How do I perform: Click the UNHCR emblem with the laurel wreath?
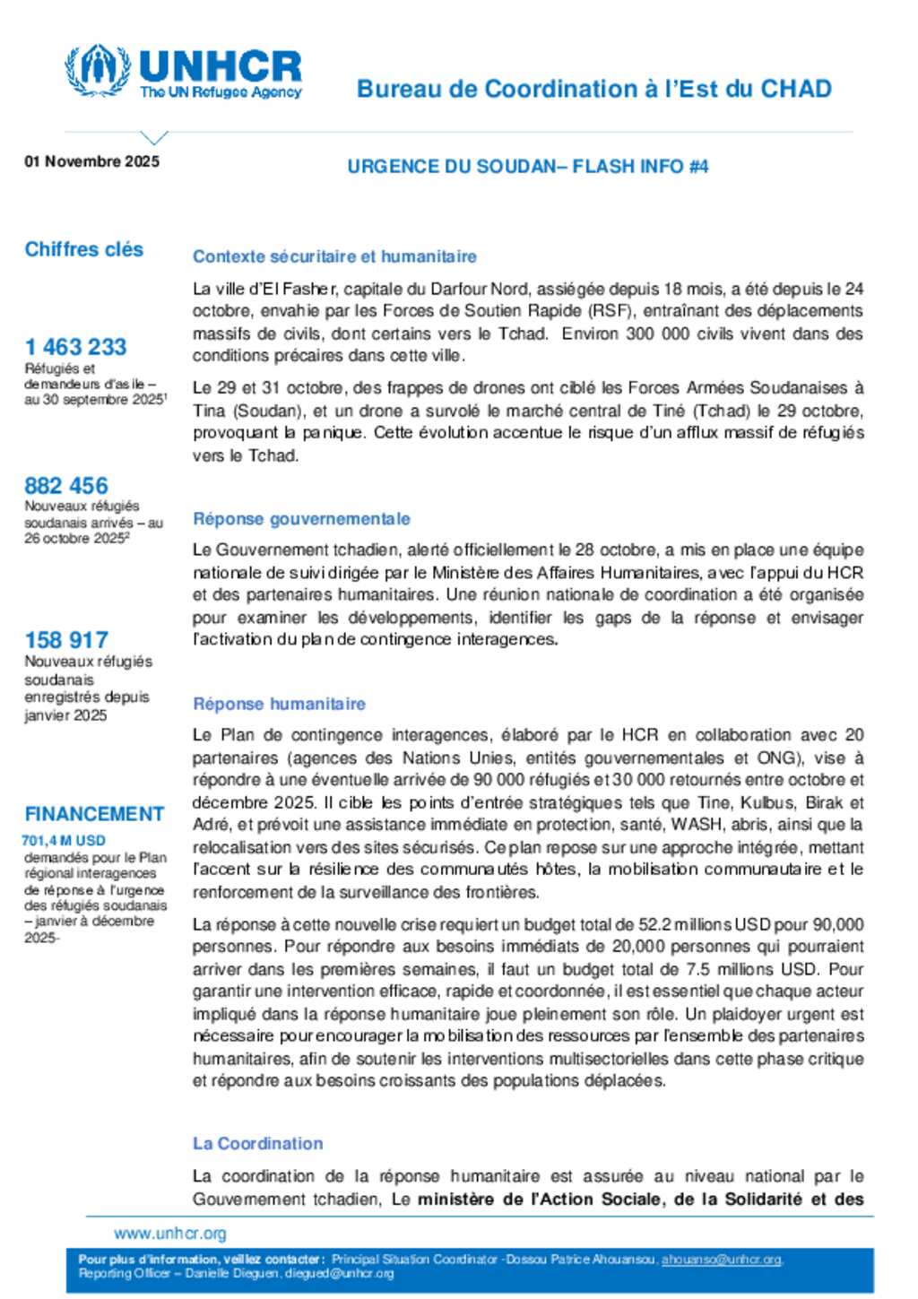click(97, 70)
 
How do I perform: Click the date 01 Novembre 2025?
click(91, 161)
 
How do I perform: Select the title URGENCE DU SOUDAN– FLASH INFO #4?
click(527, 167)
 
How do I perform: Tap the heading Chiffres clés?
click(83, 249)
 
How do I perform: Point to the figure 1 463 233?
click(75, 347)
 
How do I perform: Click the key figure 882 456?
click(65, 486)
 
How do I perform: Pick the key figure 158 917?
click(65, 640)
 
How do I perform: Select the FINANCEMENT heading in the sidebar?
click(94, 814)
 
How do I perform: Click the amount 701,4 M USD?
click(63, 841)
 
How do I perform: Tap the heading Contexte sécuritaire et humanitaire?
click(334, 256)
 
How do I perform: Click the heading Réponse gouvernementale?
click(301, 519)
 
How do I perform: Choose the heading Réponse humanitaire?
click(279, 704)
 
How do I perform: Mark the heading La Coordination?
click(257, 1144)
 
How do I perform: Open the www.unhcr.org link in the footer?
click(169, 1234)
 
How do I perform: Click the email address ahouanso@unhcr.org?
click(721, 1260)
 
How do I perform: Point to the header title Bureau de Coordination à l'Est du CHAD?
click(593, 89)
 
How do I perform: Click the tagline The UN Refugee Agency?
click(221, 92)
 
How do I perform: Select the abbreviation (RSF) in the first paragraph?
click(609, 311)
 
